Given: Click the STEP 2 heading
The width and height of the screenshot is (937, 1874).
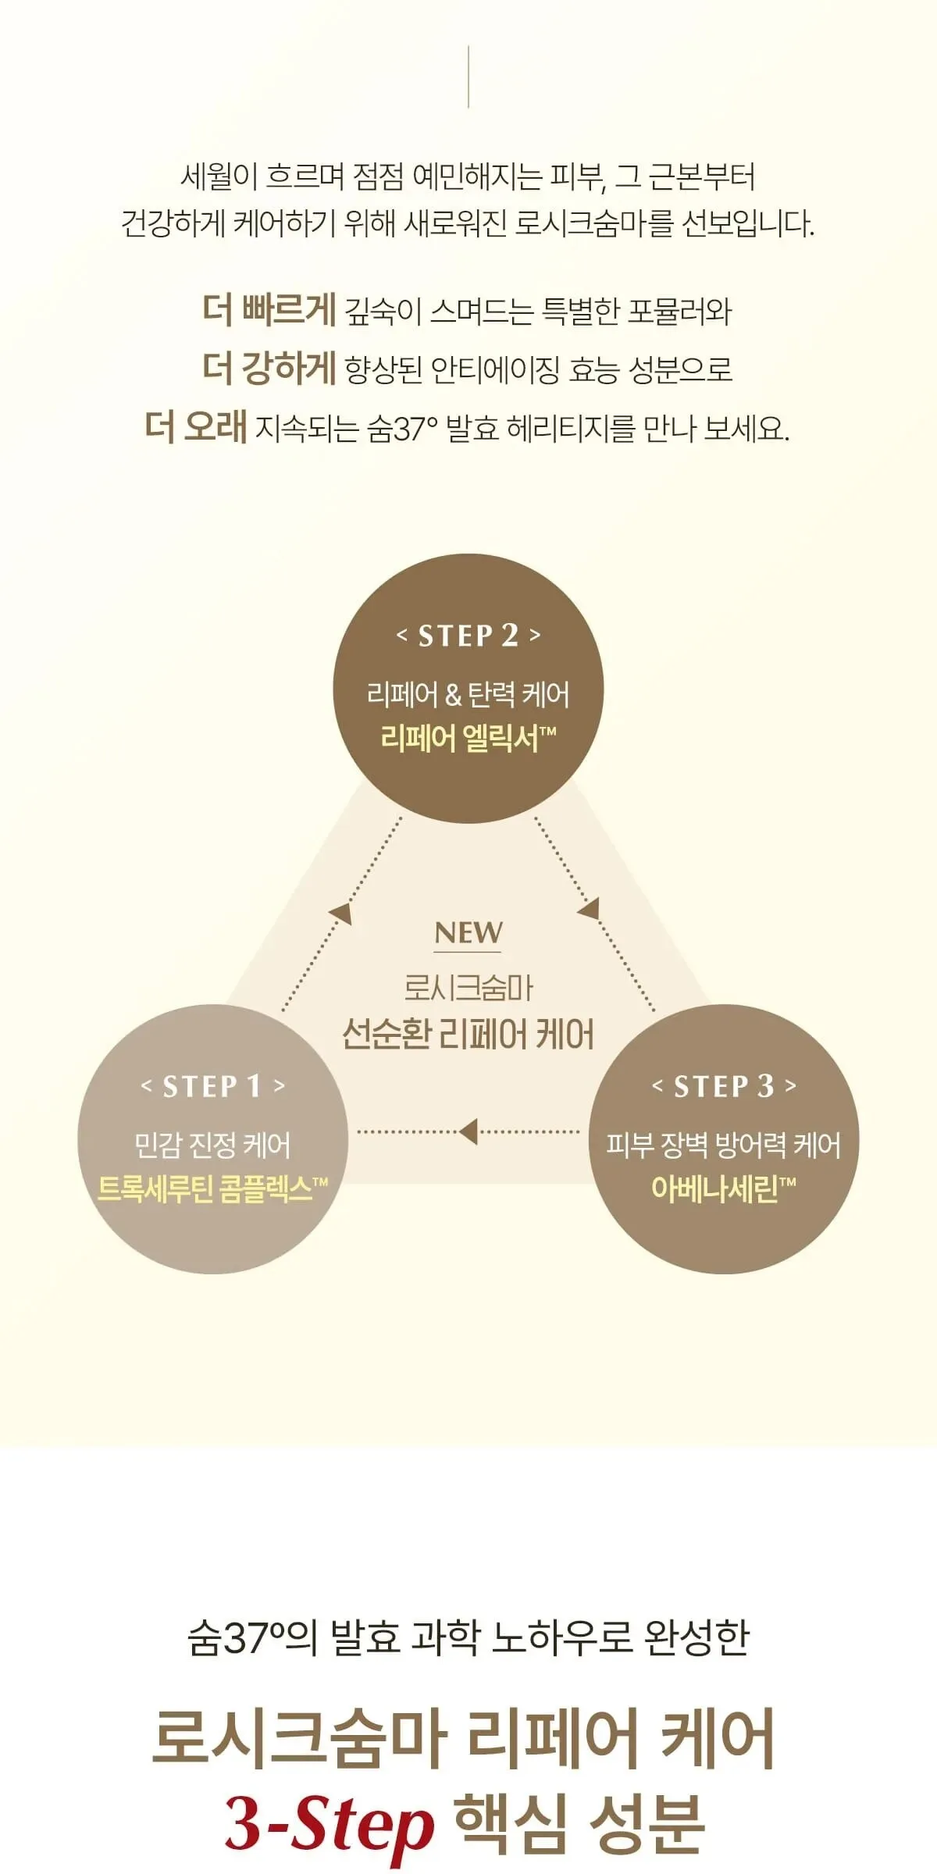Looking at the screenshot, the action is (x=468, y=636).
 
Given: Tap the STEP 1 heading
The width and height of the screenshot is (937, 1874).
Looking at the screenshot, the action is (x=212, y=1086).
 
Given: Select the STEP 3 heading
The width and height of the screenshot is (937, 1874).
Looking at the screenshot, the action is (x=724, y=1086).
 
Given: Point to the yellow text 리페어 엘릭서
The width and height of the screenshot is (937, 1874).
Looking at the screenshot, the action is (x=468, y=738).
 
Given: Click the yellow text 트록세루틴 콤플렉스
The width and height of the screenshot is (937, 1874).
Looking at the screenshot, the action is (x=212, y=1188).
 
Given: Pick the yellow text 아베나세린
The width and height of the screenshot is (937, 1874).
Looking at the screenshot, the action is (x=723, y=1188).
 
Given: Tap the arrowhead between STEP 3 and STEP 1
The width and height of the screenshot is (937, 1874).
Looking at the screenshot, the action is (x=468, y=1131).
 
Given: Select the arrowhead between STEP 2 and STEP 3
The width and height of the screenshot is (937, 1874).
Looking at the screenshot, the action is (x=589, y=907).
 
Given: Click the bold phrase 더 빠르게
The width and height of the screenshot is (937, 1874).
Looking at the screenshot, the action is (x=269, y=309).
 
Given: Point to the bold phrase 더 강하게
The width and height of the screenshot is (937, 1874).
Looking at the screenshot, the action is (x=269, y=368).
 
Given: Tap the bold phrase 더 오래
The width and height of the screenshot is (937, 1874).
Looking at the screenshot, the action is (x=196, y=427).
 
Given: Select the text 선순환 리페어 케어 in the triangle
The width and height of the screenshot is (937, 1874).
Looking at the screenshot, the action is (x=468, y=1035).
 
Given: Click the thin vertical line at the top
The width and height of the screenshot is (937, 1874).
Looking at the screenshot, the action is (x=468, y=77).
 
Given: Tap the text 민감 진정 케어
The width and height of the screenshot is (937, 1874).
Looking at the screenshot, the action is (x=212, y=1145).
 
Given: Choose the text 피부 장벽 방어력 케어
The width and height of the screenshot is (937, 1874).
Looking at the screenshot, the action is (x=724, y=1145).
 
